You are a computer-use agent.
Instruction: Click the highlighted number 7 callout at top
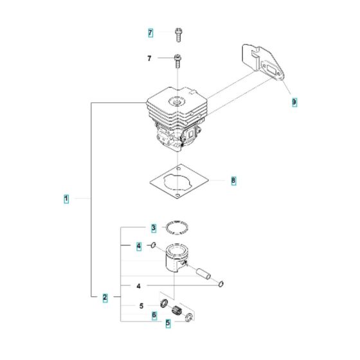click(x=150, y=33)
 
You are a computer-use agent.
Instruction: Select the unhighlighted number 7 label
click(x=150, y=59)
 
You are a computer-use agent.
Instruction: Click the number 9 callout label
click(x=294, y=102)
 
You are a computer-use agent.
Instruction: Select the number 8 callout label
click(x=233, y=181)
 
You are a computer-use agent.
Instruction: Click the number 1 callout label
click(x=66, y=199)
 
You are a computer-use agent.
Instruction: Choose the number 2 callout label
click(x=104, y=297)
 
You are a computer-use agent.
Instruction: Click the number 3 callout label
click(x=153, y=228)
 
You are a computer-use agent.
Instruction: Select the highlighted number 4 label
click(x=138, y=246)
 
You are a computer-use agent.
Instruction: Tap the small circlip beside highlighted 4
click(x=154, y=245)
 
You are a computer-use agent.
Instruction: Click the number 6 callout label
click(x=154, y=315)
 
